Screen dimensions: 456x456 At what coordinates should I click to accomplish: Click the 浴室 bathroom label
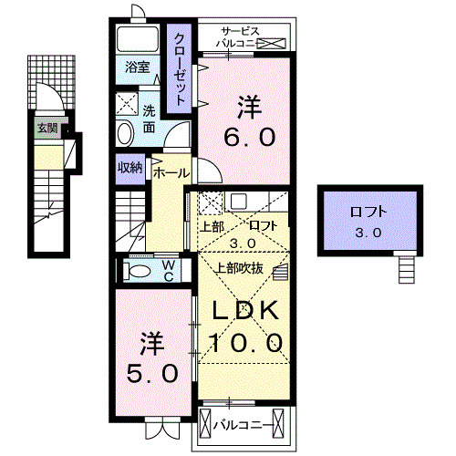[x=138, y=67]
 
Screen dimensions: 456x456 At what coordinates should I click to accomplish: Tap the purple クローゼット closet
[x=181, y=67]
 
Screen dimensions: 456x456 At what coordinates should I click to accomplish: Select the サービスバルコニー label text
[x=241, y=36]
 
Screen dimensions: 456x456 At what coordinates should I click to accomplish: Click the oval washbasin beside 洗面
[x=125, y=134]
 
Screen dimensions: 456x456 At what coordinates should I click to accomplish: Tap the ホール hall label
[x=171, y=172]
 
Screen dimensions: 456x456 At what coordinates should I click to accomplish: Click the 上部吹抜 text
[x=239, y=267]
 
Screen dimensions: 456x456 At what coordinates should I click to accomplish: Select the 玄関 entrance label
[x=47, y=129]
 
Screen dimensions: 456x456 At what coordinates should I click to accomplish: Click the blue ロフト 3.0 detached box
[x=369, y=222]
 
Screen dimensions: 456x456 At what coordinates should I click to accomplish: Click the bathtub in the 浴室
[x=140, y=39]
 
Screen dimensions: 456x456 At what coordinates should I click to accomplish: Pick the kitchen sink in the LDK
[x=236, y=202]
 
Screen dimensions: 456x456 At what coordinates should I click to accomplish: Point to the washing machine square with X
[x=127, y=103]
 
